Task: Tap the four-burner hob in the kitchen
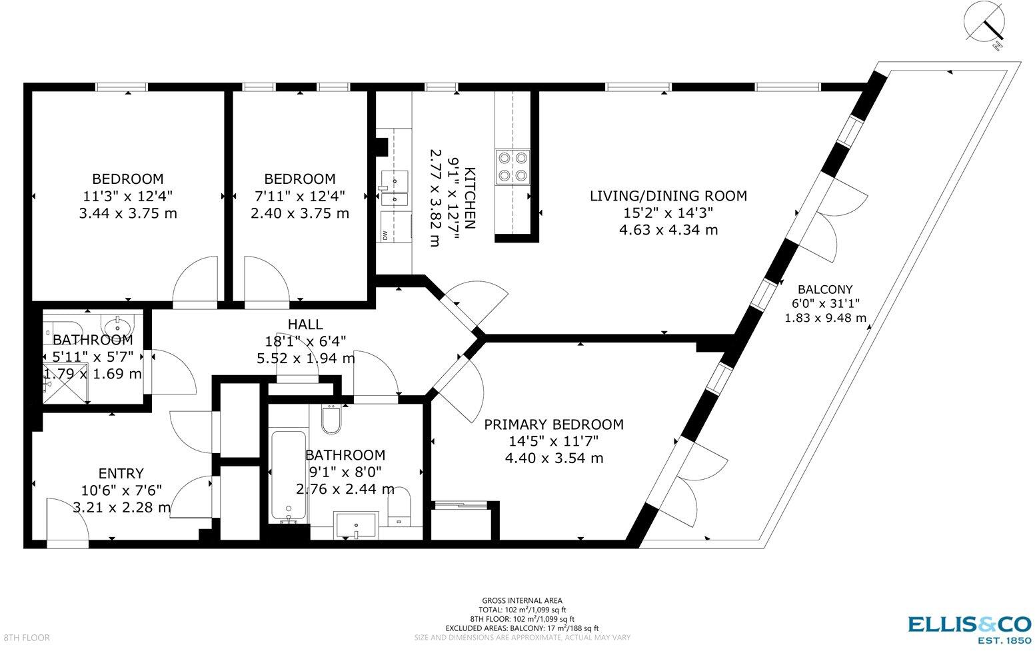click(x=512, y=167)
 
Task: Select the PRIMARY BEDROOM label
click(x=554, y=424)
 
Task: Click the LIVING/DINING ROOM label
click(x=668, y=196)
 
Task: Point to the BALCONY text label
click(x=825, y=289)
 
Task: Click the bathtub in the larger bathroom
click(x=289, y=476)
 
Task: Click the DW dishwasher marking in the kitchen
click(x=386, y=235)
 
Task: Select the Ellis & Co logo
click(x=969, y=628)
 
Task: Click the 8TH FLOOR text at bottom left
click(x=26, y=638)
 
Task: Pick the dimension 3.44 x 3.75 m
click(x=127, y=214)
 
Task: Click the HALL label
click(x=305, y=325)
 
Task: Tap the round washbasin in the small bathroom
click(x=119, y=326)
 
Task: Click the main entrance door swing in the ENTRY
click(x=67, y=524)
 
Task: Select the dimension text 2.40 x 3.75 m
click(x=299, y=214)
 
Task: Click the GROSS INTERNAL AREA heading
click(x=522, y=600)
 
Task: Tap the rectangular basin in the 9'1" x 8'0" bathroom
click(x=357, y=525)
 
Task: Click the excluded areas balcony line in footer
click(x=522, y=628)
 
